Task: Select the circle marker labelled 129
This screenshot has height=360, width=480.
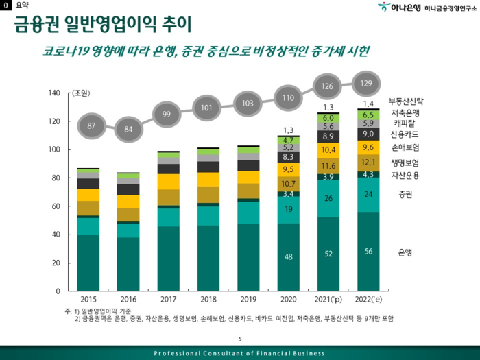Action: pos(366,84)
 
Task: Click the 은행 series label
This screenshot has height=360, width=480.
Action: pos(405,253)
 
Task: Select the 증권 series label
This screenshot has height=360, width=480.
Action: pos(405,195)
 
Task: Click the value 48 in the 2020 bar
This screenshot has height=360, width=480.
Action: pos(288,257)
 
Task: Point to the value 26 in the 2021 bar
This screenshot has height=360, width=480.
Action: pos(328,198)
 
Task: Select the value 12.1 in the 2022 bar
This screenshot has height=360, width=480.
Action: pos(368,163)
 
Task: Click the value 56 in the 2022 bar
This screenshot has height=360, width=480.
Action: pos(368,252)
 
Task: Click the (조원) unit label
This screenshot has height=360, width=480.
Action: pos(82,93)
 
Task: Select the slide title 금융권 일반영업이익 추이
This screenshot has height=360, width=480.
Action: pos(103,25)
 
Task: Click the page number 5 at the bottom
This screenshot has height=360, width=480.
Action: pos(240,339)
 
